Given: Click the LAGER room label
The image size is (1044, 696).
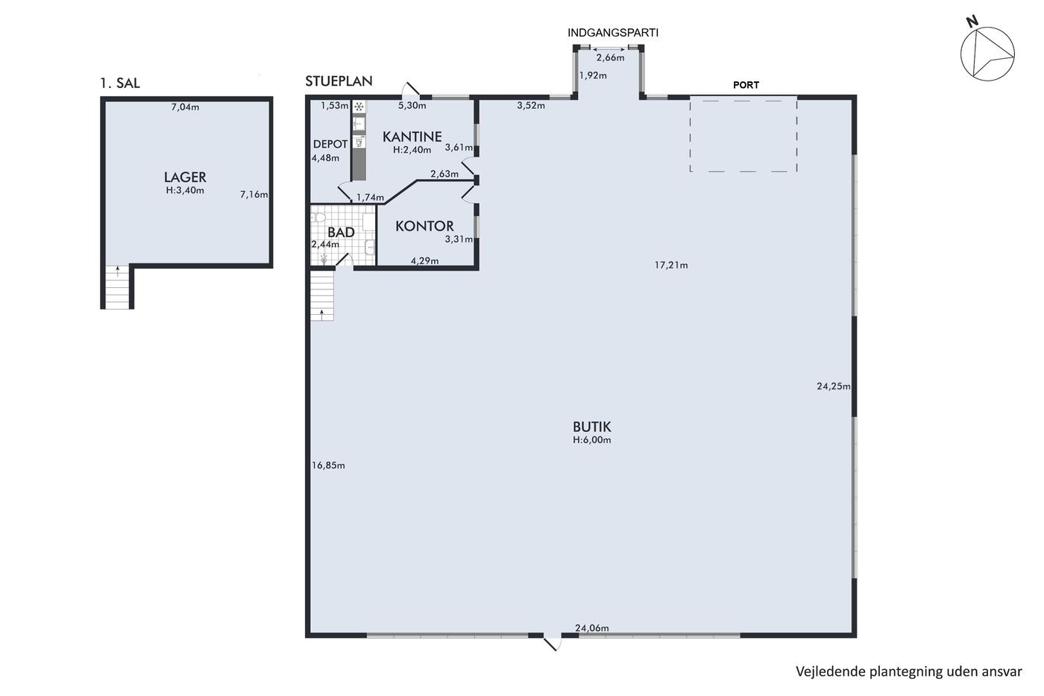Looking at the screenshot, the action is [x=185, y=177].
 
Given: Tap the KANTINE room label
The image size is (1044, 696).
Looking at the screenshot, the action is [x=412, y=137].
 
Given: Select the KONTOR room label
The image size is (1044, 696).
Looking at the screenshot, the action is [x=424, y=226].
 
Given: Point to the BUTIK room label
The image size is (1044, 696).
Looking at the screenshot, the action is [x=591, y=427].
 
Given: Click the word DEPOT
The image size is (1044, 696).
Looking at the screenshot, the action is [x=330, y=144].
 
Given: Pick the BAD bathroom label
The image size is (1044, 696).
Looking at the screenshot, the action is [x=341, y=232].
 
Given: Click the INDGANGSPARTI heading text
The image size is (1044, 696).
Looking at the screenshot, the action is [x=612, y=33].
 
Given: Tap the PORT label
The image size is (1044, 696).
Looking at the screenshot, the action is [x=746, y=85].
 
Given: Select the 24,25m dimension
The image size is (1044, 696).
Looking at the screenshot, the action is [x=834, y=386].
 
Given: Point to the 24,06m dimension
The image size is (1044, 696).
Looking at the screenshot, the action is [x=592, y=628].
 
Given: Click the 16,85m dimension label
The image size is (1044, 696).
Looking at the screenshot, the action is [x=328, y=465].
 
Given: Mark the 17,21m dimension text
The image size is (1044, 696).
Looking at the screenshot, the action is [x=671, y=266].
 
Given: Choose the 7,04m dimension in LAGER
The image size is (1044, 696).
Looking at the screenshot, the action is [x=185, y=107].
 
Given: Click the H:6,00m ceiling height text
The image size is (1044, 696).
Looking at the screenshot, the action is [x=592, y=440].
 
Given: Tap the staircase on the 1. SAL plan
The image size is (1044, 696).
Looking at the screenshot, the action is [x=117, y=287].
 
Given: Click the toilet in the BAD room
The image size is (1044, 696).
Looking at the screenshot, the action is [x=319, y=218].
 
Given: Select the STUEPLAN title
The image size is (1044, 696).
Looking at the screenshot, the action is [x=339, y=81].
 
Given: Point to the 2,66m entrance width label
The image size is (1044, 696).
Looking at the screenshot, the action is [x=610, y=57].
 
